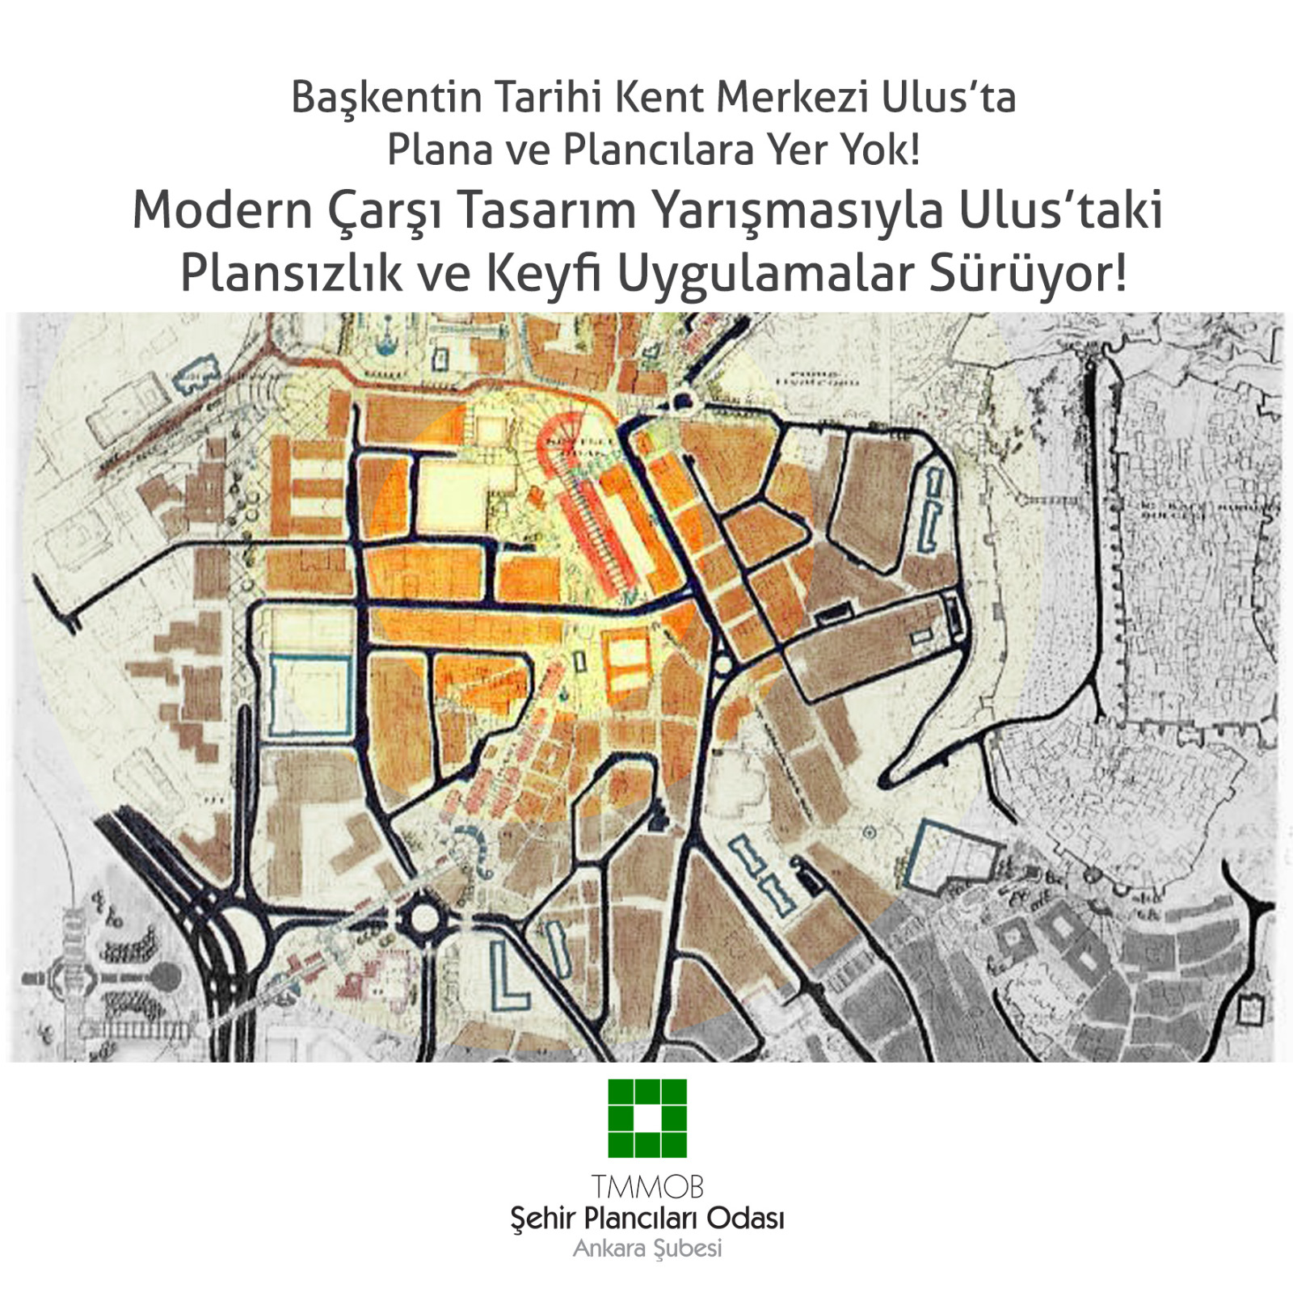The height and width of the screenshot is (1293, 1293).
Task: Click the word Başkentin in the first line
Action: pos(386,98)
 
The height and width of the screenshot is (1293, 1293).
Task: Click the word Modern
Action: pos(222,211)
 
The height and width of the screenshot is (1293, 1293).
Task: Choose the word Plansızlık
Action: pos(291,273)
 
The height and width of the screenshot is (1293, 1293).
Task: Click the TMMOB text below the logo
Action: pos(647,1187)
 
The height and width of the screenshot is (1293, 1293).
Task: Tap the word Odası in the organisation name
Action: pos(744,1218)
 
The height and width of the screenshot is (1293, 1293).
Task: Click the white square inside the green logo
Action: pos(647,1118)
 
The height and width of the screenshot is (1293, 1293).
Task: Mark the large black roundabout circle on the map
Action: pos(423,918)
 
